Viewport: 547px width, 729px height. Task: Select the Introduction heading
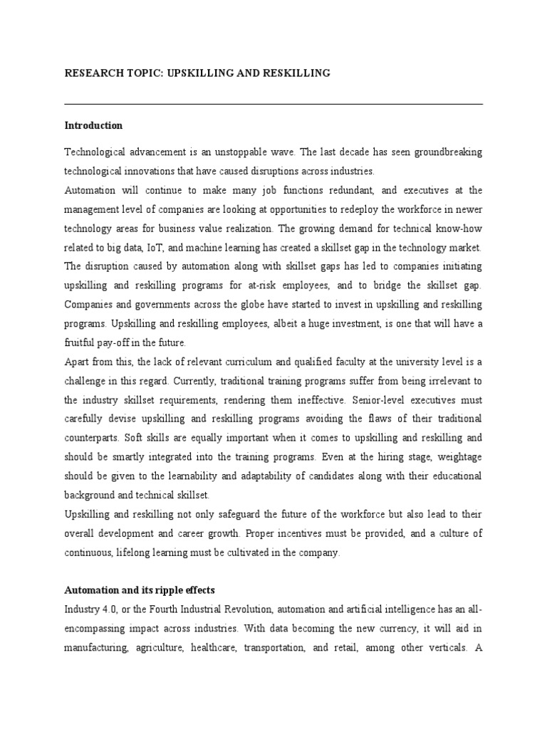click(x=93, y=126)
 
